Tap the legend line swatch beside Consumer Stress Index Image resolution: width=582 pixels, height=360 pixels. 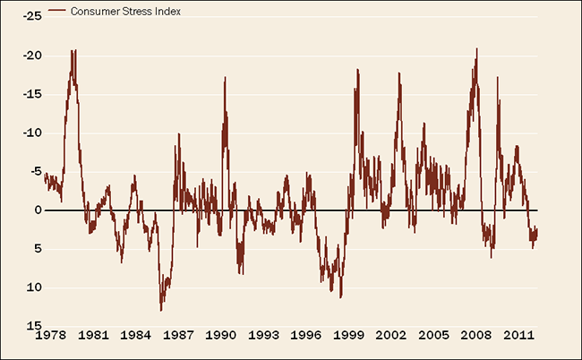[x=58, y=13]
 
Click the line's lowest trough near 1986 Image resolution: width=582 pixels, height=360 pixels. [x=161, y=311]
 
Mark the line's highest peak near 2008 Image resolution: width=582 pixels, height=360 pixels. [x=476, y=48]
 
